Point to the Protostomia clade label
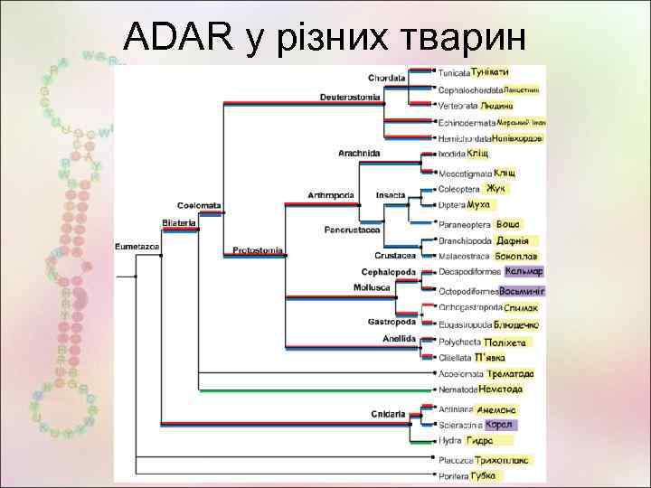click(x=258, y=250)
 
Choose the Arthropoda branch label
click(x=330, y=194)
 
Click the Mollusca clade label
click(x=372, y=287)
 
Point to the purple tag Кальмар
click(x=524, y=271)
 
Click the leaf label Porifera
click(x=452, y=476)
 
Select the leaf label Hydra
click(x=449, y=440)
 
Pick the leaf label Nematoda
click(x=457, y=389)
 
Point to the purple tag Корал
click(x=499, y=425)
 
